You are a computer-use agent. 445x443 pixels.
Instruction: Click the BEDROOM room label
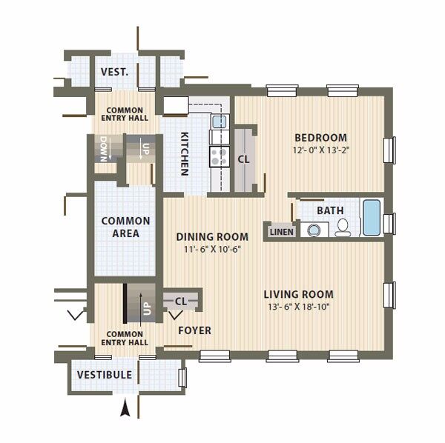pyautogui.click(x=320, y=138)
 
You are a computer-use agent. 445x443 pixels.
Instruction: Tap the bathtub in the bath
pyautogui.click(x=372, y=217)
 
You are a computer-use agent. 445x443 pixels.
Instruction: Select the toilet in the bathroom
pyautogui.click(x=343, y=227)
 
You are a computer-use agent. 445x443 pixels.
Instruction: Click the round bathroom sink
pyautogui.click(x=314, y=230)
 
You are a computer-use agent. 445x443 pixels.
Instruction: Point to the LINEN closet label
pyautogui.click(x=282, y=232)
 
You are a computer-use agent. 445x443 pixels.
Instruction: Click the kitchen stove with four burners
pyautogui.click(x=220, y=156)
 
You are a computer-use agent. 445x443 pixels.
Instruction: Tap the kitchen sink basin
pyautogui.click(x=220, y=122)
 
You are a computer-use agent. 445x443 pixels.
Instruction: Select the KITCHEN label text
pyautogui.click(x=185, y=154)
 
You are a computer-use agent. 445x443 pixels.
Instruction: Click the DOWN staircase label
pyautogui.click(x=104, y=149)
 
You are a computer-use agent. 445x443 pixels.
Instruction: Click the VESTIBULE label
pyautogui.click(x=105, y=375)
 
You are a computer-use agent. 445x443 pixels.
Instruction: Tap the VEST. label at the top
pyautogui.click(x=115, y=72)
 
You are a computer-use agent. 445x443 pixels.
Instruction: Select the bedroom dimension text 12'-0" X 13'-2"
pyautogui.click(x=321, y=150)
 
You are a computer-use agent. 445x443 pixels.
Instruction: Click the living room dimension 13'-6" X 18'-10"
pyautogui.click(x=299, y=307)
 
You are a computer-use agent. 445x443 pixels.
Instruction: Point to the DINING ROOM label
pyautogui.click(x=212, y=237)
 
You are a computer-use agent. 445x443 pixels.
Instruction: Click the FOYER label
pyautogui.click(x=194, y=330)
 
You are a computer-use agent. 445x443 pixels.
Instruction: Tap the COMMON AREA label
pyautogui.click(x=126, y=227)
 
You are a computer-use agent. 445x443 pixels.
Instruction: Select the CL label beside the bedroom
pyautogui.click(x=243, y=159)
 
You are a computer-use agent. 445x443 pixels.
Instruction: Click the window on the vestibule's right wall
pyautogui.click(x=182, y=377)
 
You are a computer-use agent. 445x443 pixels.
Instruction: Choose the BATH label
pyautogui.click(x=330, y=210)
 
